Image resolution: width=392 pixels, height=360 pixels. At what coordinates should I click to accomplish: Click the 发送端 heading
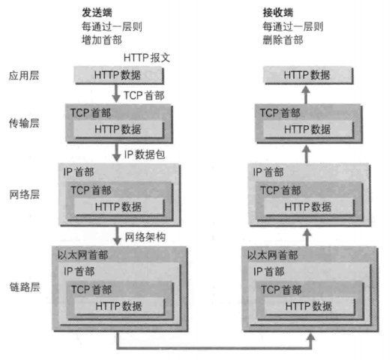pos(97,13)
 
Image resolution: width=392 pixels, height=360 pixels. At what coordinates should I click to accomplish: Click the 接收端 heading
pos(278,13)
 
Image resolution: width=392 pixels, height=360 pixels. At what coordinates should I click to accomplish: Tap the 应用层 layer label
pos(24,76)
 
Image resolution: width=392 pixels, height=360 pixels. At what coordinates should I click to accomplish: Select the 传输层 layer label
pos(24,123)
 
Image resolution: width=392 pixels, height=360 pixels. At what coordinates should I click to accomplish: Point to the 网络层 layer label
pos(25,194)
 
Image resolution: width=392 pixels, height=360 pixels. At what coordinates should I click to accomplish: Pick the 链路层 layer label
pos(25,287)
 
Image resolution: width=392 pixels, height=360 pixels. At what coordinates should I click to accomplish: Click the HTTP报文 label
pos(147,58)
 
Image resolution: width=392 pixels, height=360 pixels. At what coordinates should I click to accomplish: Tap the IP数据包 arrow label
pos(145,154)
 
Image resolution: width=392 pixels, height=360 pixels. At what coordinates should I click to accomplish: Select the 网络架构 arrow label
pos(145,237)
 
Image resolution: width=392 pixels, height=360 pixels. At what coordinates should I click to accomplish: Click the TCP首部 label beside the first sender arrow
pos(144,95)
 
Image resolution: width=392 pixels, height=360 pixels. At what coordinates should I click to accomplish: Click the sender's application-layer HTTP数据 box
pos(119,75)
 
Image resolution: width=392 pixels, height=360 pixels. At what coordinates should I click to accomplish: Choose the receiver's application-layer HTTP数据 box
pos(308,75)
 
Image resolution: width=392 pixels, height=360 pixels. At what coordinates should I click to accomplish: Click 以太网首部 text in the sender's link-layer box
pos(82,255)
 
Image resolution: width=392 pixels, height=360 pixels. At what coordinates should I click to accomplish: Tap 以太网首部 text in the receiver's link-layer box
pos(273,255)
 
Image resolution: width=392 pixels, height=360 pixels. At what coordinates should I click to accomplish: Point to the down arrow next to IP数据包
pos(116,152)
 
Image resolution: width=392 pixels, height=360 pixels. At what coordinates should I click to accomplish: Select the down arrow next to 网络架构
pos(117,236)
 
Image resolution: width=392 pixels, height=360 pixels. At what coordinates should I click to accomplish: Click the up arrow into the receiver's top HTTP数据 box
pos(306,94)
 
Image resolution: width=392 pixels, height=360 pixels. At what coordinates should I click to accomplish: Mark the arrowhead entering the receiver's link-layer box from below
pos(311,337)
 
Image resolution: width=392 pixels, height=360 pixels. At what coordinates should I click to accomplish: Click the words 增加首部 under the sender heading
pos(102,40)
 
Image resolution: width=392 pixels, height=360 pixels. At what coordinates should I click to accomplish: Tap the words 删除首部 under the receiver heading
pos(283,40)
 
